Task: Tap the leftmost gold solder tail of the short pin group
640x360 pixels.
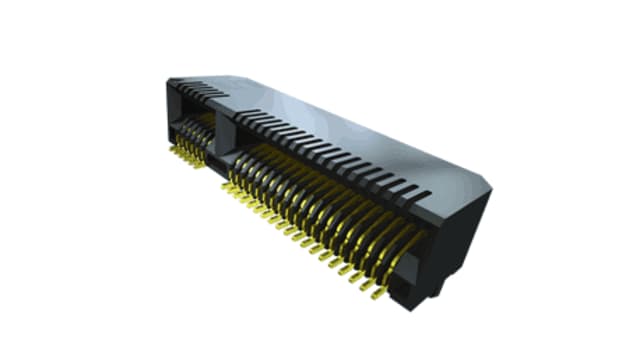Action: click(x=171, y=150)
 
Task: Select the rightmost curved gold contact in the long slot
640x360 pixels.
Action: click(x=405, y=245)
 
